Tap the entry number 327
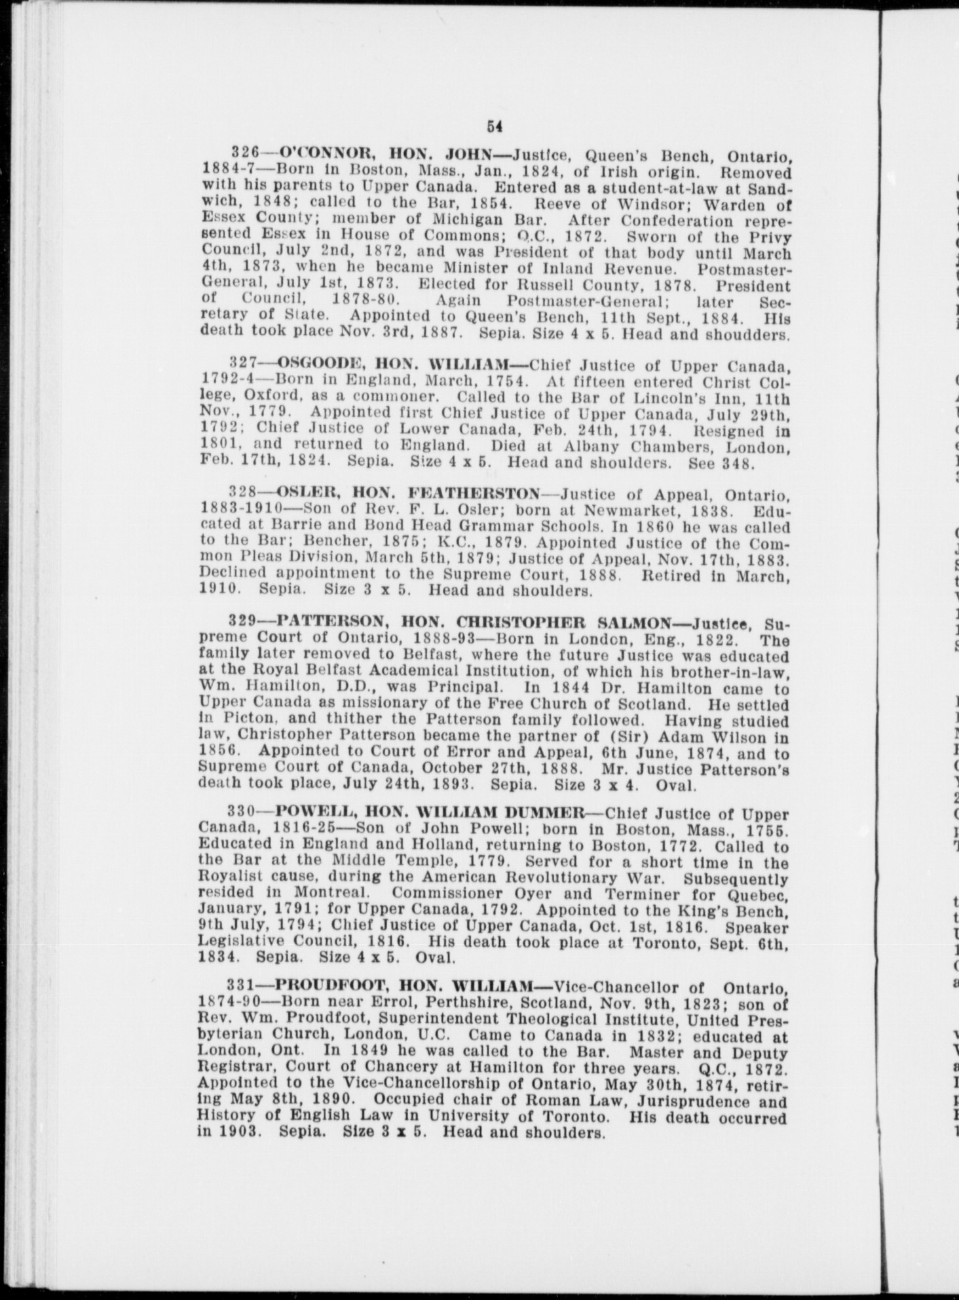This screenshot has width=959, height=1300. pos(244,363)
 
